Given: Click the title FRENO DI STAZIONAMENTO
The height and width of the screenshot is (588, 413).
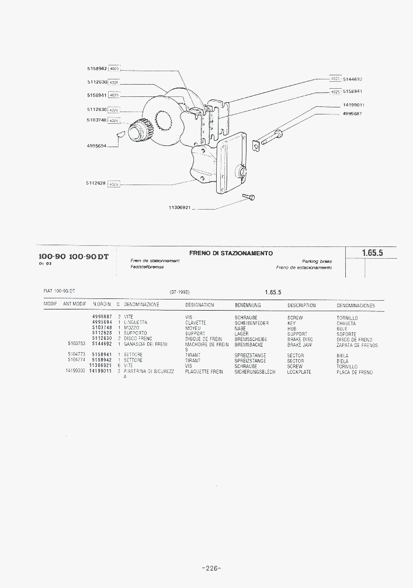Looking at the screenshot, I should (231, 253).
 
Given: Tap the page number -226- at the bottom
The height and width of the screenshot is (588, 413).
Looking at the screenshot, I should (211, 568).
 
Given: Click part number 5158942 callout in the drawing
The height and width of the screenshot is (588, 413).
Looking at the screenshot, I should (96, 69).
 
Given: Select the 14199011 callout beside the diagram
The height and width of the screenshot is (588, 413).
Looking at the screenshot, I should (353, 105).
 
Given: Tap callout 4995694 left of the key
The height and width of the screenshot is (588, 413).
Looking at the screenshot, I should (97, 146).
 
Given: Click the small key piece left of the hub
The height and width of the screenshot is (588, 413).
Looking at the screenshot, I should (119, 134).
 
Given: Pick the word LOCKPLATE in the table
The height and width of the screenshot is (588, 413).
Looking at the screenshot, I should (299, 372).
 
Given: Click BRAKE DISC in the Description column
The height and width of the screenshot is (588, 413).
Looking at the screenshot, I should (300, 339).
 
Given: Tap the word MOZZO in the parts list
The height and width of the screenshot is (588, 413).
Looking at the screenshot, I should (131, 328).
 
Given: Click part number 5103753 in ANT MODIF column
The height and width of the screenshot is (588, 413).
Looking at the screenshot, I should (77, 345).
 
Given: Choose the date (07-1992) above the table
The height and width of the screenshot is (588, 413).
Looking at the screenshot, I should (180, 291).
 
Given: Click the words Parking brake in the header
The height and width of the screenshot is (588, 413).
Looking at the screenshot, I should (317, 261).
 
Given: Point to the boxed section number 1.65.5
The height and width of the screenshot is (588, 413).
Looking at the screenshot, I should (372, 253).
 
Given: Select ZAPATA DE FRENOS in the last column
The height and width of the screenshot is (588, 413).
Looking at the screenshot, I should (357, 345).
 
